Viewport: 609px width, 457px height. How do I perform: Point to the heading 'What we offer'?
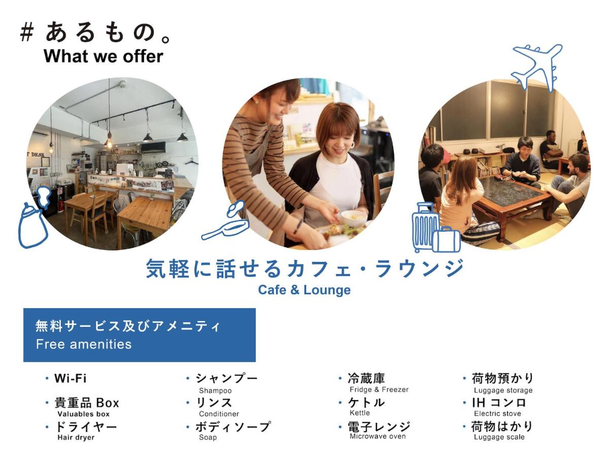point(104,56)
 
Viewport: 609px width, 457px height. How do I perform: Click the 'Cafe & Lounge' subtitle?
point(304,290)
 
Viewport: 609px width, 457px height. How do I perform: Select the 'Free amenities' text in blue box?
point(84,344)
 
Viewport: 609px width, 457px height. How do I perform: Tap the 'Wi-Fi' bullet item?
point(71,378)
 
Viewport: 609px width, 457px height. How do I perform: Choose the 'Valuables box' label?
point(83,414)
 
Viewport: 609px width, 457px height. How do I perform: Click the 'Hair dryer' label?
point(76,437)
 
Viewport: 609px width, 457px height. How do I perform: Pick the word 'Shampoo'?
point(215,390)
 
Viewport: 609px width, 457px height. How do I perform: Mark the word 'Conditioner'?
point(219,414)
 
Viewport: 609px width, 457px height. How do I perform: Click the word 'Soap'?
point(208,437)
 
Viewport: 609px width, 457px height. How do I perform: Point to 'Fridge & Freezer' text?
point(379,389)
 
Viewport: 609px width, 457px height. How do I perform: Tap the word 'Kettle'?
point(360,413)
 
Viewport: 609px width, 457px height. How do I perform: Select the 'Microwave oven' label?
point(378,436)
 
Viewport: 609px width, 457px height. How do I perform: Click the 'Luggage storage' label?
point(503,390)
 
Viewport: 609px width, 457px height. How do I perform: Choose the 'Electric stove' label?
point(497,414)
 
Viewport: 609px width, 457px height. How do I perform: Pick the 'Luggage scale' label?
point(499,437)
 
